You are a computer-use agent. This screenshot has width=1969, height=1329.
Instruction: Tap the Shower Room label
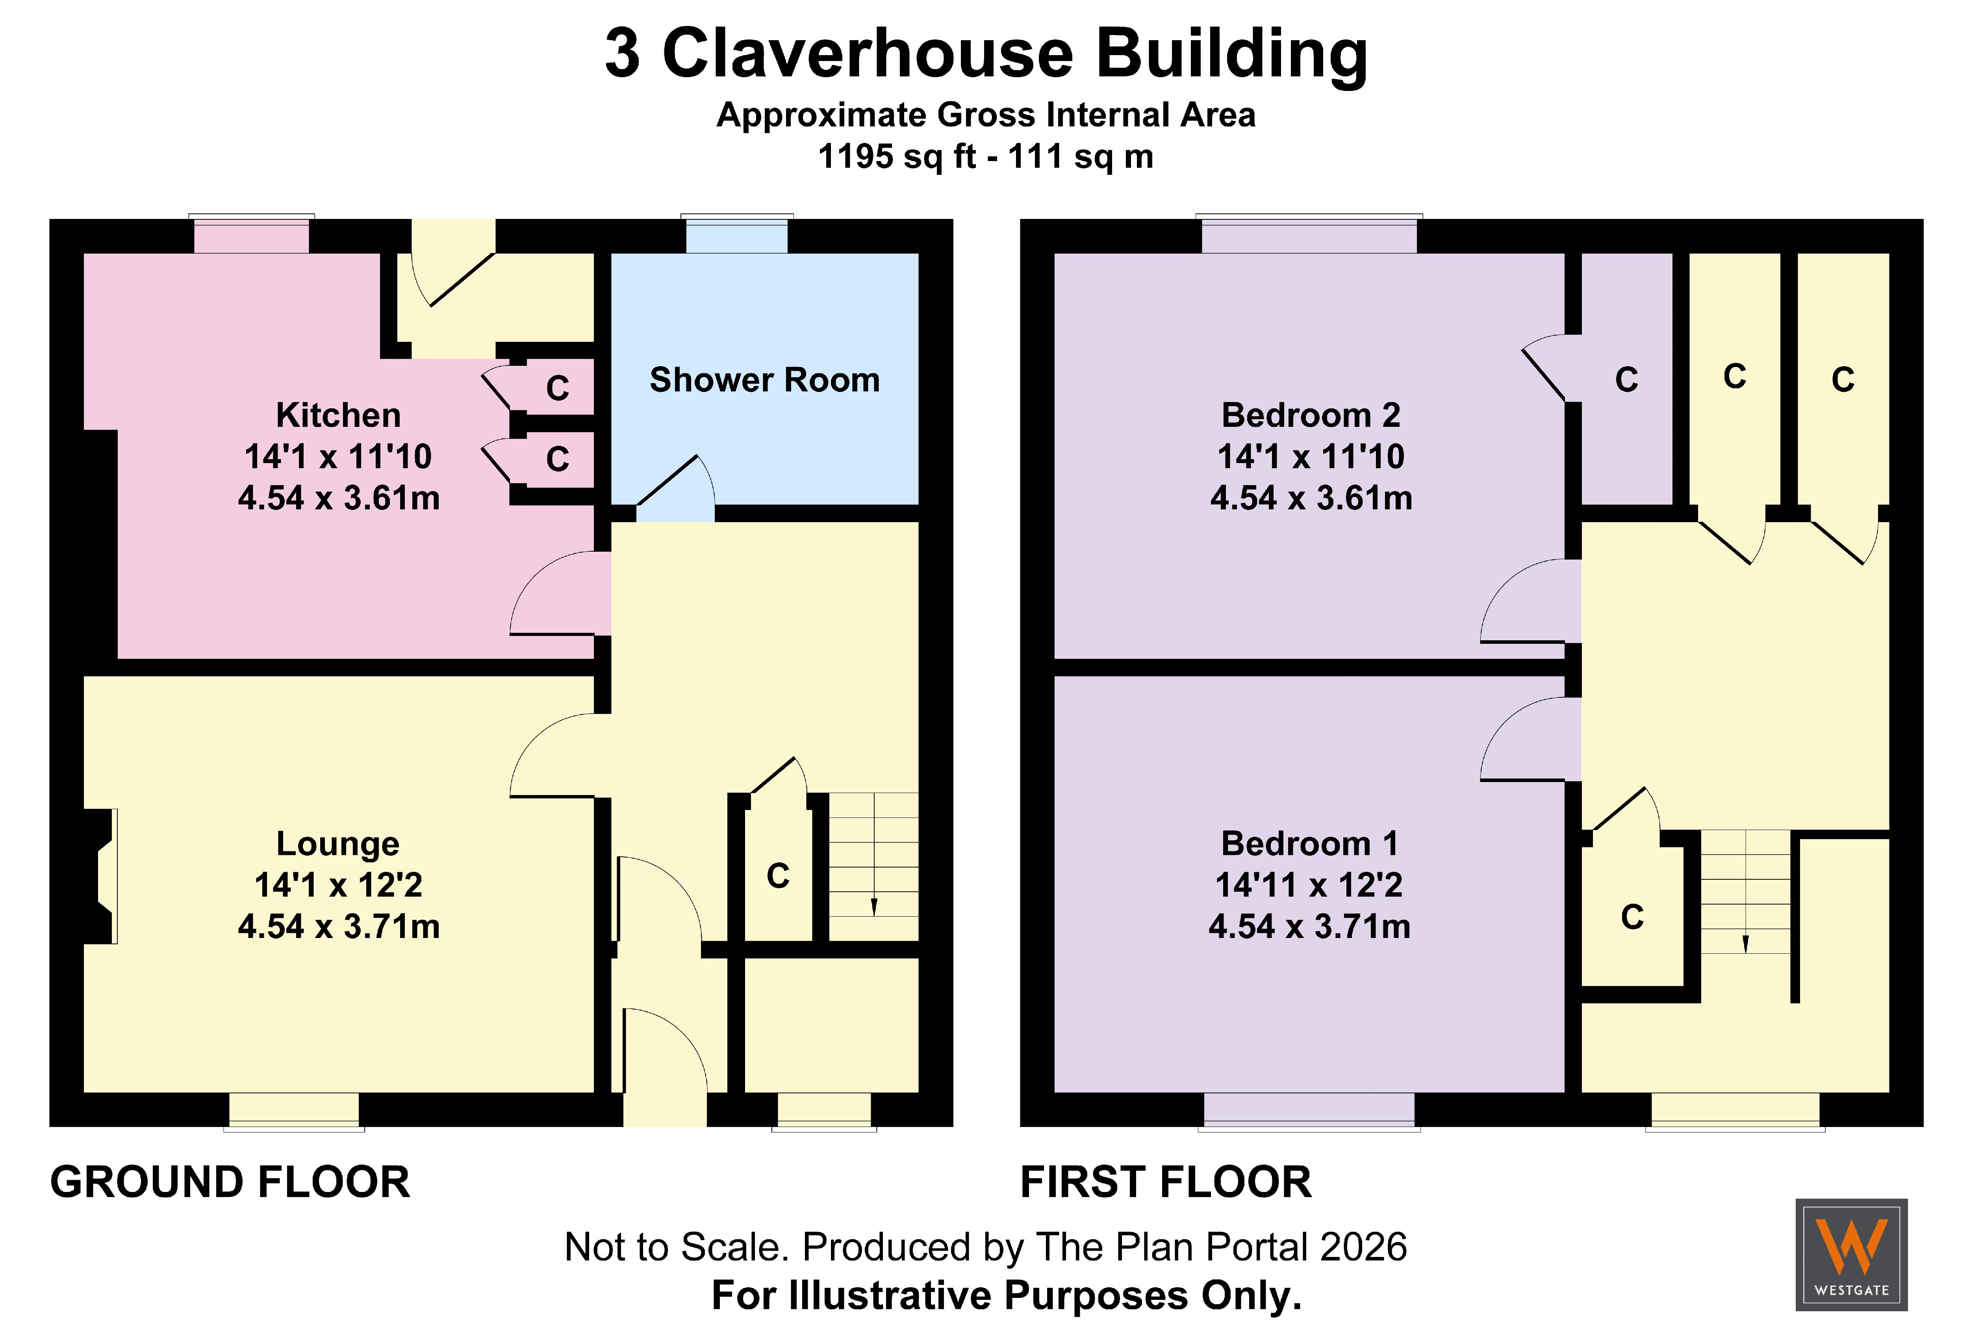[x=764, y=380]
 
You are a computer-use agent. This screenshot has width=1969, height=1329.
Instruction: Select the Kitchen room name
[x=338, y=415]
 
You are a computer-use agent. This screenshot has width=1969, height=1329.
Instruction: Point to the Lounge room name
[x=338, y=843]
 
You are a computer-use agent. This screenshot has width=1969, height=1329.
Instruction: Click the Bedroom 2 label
[x=1311, y=415]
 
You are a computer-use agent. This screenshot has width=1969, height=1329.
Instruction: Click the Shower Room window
[x=737, y=234]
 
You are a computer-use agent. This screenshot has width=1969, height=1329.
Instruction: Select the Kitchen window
[x=252, y=234]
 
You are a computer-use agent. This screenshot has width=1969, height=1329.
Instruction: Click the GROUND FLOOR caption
[x=230, y=1182]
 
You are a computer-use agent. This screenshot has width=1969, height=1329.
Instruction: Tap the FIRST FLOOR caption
[x=1166, y=1182]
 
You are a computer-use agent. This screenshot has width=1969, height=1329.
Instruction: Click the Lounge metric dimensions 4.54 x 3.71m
[x=339, y=926]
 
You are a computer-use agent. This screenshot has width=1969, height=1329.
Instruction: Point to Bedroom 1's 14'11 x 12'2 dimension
[x=1309, y=884]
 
